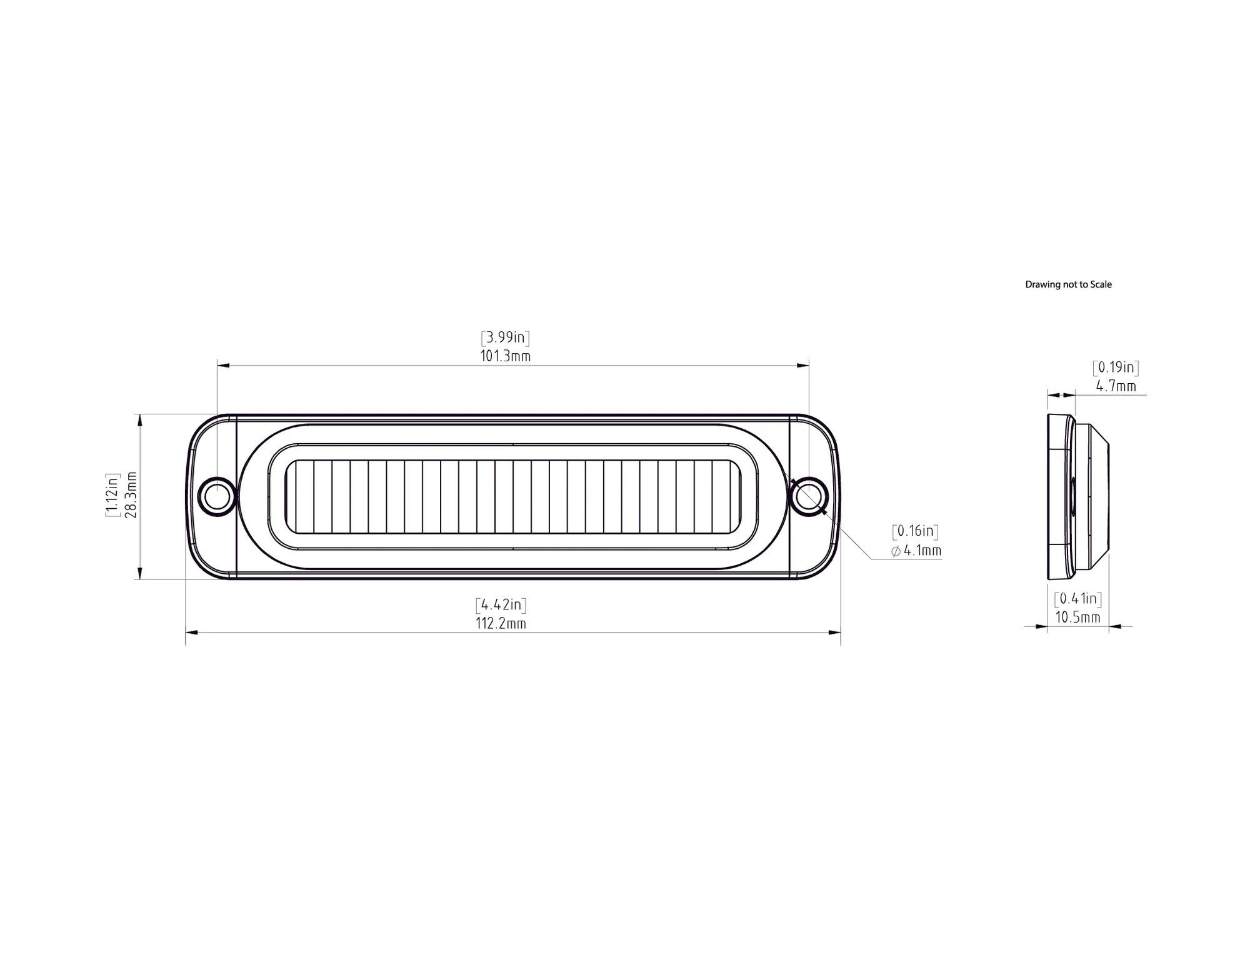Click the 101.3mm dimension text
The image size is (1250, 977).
pos(506,356)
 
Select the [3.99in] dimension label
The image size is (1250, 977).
pos(506,338)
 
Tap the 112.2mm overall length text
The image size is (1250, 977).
pos(501,623)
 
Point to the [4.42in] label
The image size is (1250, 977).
pos(501,605)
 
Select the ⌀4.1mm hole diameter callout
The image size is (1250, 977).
pos(916,551)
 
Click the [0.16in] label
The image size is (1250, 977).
pos(915,532)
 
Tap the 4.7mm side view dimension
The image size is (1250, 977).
pos(1116,386)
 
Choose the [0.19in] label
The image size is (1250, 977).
pos(1116,368)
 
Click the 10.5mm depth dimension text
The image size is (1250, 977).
pos(1077,618)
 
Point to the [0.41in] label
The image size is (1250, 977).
pos(1077,599)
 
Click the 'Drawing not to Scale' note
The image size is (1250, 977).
pos(1068,284)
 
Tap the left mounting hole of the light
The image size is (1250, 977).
pos(217,496)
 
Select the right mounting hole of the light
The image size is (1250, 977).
pos(809,496)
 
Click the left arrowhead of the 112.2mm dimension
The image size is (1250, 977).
pos(191,633)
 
